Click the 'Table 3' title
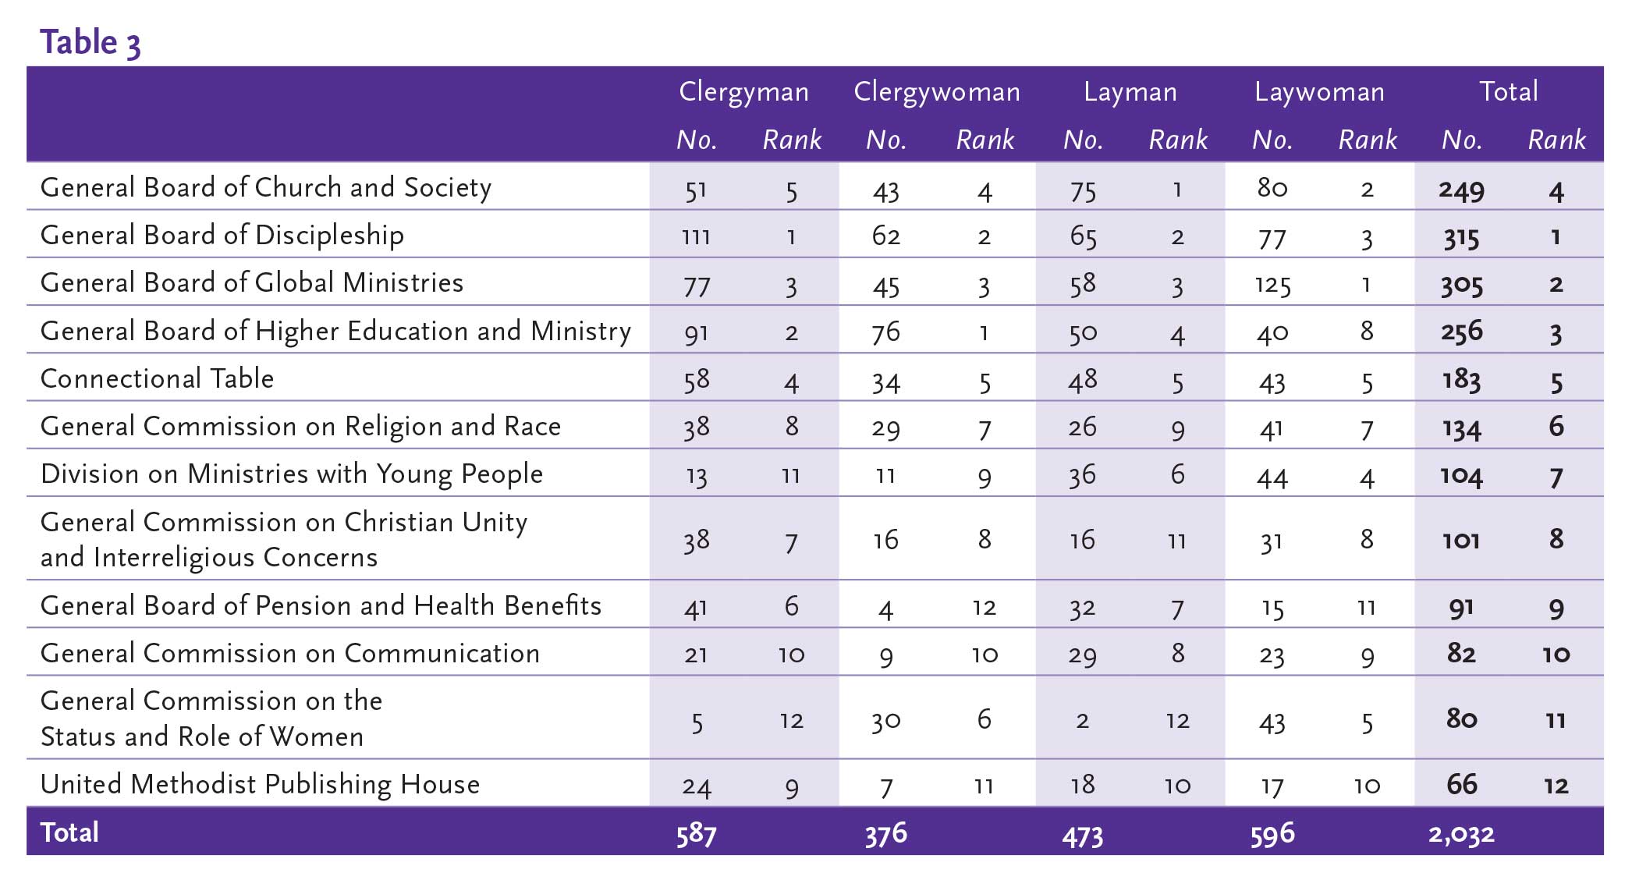(90, 42)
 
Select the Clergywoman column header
(937, 92)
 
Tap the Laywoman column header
(1319, 92)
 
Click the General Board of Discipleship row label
(222, 236)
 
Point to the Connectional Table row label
(157, 378)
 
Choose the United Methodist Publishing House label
(260, 784)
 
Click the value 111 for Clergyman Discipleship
(696, 236)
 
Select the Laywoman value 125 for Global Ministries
(1272, 285)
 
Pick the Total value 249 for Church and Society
(1461, 190)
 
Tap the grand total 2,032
(1461, 834)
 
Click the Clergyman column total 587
(696, 834)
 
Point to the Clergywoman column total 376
(885, 834)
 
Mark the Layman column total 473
(1082, 836)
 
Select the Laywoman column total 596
(1272, 834)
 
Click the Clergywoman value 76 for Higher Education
(885, 332)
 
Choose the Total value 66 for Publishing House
(1461, 784)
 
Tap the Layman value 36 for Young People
(1082, 475)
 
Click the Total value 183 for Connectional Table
(1461, 380)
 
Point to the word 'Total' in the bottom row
(69, 832)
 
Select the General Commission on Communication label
(289, 653)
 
